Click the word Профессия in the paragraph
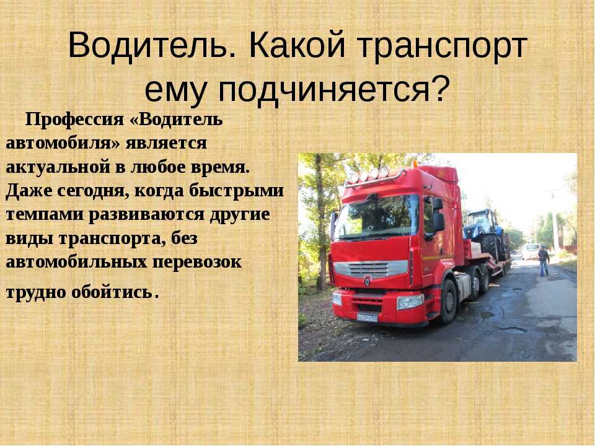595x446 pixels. pyautogui.click(x=74, y=120)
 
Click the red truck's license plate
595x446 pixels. pyautogui.click(x=367, y=318)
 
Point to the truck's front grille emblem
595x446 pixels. pyautogui.click(x=367, y=281)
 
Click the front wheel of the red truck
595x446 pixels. pyautogui.click(x=449, y=302)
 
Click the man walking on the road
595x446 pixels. pyautogui.click(x=544, y=261)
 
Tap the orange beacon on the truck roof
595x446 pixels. pyautogui.click(x=415, y=164)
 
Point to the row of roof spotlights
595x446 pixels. pyautogui.click(x=368, y=174)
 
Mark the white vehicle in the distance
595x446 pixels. pyautogui.click(x=531, y=251)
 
